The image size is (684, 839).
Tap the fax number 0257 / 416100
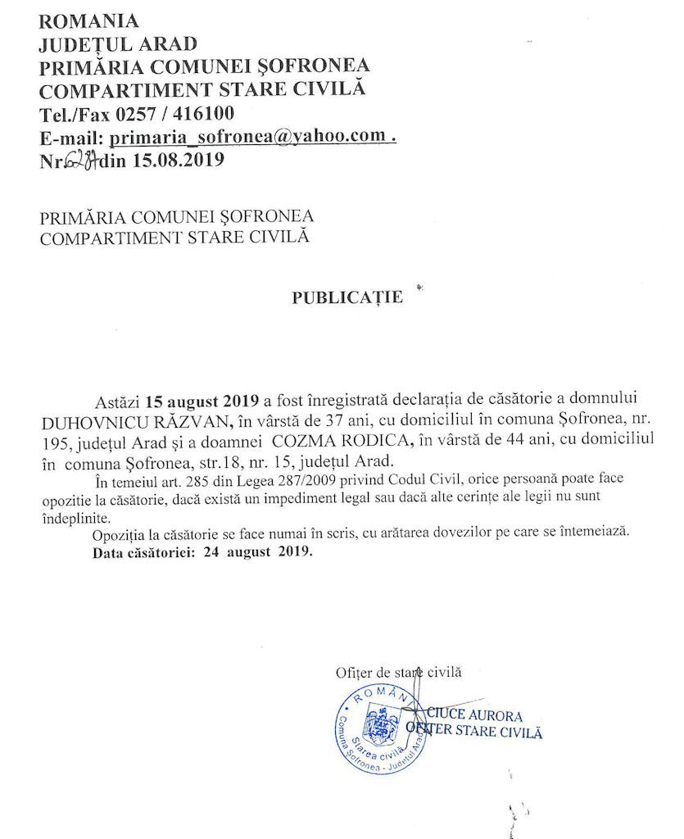179,114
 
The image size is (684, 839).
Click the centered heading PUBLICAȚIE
347,297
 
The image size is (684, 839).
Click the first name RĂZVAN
192,422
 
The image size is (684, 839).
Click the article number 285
212,478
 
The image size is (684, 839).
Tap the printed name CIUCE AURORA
474,715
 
